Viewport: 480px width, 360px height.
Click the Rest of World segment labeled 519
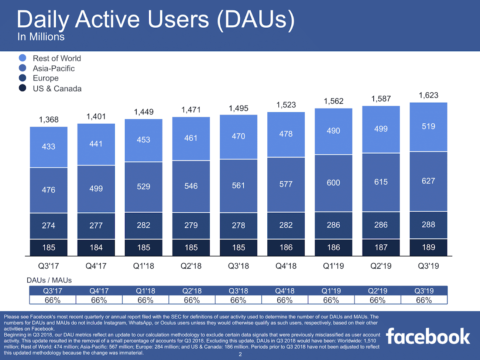coord(428,127)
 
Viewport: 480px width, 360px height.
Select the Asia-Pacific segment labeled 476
coord(49,190)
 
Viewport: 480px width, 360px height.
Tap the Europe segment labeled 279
coord(191,225)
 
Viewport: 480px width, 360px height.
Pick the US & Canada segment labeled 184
coord(96,247)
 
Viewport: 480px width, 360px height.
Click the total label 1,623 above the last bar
coord(428,95)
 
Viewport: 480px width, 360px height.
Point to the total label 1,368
coord(49,120)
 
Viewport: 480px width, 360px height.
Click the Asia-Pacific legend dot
coord(23,68)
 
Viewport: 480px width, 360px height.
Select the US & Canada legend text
coord(57,89)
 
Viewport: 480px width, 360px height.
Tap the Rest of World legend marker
coord(23,58)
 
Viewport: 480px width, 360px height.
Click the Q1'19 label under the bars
coord(333,266)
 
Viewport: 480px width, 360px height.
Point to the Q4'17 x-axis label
coord(96,266)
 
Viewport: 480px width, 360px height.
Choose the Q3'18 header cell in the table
coord(238,291)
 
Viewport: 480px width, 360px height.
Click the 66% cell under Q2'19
coord(377,300)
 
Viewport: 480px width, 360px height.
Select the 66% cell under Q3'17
coord(52,300)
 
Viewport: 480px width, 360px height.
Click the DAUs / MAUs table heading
coord(49,280)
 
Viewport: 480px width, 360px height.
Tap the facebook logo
coord(428,336)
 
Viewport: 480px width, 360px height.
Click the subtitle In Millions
coord(41,37)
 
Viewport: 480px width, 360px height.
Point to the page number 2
coord(240,354)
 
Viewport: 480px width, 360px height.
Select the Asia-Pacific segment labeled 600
coord(333,183)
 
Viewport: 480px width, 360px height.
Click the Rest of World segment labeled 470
coord(239,137)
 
